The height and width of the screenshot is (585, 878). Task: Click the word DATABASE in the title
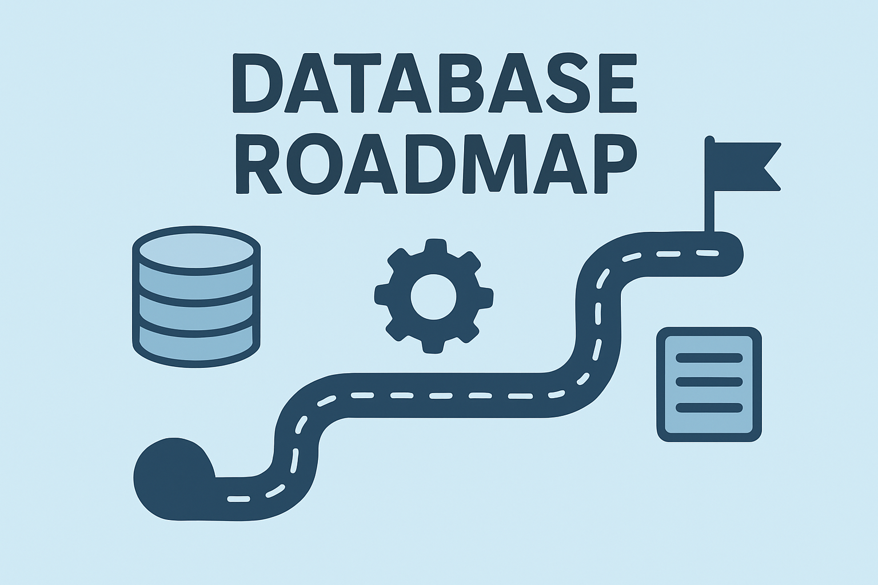(434, 83)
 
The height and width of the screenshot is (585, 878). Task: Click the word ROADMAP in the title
(436, 165)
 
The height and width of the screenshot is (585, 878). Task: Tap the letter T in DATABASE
(357, 83)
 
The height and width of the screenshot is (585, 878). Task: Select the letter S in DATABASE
(568, 83)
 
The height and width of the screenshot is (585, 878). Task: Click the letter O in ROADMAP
(314, 165)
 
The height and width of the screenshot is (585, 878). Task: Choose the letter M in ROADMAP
(495, 165)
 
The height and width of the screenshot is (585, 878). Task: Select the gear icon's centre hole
(434, 296)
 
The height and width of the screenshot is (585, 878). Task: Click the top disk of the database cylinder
(196, 250)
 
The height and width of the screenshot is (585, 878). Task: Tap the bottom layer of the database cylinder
(196, 346)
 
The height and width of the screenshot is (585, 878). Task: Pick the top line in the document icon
(709, 358)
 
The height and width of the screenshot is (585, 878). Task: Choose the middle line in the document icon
(709, 382)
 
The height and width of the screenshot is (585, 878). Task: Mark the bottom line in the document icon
(709, 408)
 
